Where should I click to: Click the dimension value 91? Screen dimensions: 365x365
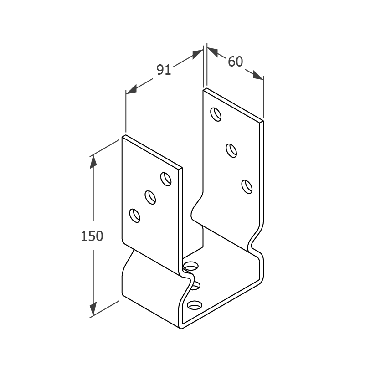(164, 69)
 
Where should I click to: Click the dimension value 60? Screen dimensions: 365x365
(235, 62)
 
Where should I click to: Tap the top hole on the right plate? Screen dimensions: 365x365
(216, 114)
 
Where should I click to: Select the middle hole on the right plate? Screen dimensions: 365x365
(231, 151)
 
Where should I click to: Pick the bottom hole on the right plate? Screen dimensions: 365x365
(247, 187)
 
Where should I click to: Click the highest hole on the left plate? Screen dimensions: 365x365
(166, 179)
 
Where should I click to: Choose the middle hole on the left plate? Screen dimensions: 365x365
(150, 197)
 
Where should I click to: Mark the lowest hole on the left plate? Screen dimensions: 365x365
(135, 216)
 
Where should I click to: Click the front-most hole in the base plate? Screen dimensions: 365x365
(195, 305)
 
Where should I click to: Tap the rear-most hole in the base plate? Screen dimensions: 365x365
(191, 266)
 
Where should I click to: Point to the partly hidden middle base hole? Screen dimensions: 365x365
(195, 286)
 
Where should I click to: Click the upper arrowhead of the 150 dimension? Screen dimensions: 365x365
(93, 161)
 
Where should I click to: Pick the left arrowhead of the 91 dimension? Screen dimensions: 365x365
(131, 90)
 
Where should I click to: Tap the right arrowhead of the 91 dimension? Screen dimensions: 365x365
(198, 54)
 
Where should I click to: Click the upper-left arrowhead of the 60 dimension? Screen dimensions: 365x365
(212, 52)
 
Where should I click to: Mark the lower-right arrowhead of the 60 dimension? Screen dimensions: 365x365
(258, 75)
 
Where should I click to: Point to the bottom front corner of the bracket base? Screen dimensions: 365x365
(181, 329)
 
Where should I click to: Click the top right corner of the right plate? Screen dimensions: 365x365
(263, 121)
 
